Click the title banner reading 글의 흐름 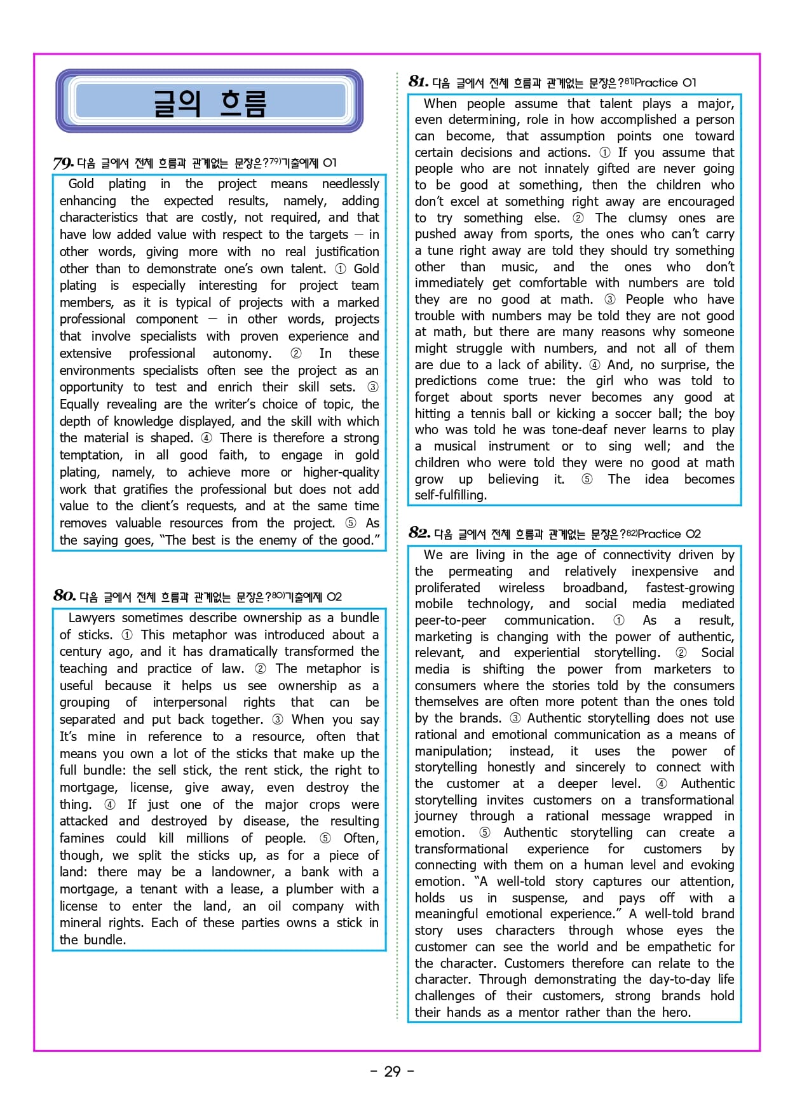209,101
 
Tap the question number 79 63,163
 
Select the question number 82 419,533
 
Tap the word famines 81,838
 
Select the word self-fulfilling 451,495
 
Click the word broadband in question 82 595,588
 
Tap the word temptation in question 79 91,455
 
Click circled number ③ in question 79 372,387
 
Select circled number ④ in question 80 110,805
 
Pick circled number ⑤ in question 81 587,479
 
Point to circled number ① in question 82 618,620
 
